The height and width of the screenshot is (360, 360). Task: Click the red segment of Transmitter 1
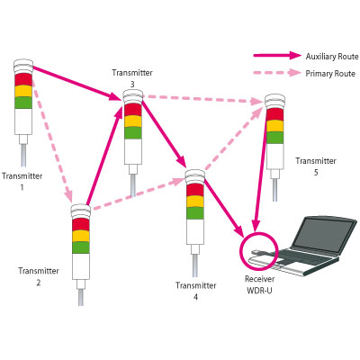point(23,79)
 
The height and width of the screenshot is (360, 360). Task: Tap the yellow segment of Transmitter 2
point(81,236)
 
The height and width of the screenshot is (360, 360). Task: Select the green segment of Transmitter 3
point(133,132)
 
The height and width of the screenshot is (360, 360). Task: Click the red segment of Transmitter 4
point(195,190)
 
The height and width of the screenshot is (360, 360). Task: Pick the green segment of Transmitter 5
point(274,138)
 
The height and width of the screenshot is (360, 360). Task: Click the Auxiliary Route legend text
point(332,57)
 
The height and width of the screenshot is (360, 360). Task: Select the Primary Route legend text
point(330,74)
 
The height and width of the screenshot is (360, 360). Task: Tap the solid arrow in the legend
point(277,56)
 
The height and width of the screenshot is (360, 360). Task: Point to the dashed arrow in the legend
point(277,73)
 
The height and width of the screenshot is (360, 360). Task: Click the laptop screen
point(326,234)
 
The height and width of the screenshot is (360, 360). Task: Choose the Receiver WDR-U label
point(259,284)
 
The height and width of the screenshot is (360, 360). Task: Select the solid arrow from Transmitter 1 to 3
point(76,83)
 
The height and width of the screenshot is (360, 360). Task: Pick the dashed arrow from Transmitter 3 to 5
point(203,99)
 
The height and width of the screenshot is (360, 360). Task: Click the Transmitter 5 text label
point(316,166)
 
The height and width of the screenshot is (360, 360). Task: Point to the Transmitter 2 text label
point(39,276)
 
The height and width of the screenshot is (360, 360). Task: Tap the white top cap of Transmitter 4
point(195,176)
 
